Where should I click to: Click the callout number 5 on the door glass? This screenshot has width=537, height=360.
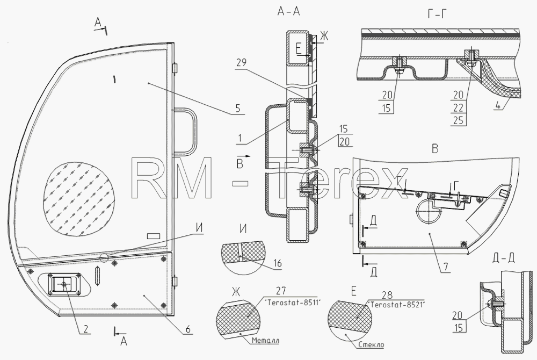point(238,108)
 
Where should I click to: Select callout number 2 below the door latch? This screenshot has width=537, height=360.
point(85,329)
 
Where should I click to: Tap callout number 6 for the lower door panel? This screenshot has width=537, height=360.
point(187,329)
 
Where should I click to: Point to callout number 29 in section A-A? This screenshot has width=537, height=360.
point(241,63)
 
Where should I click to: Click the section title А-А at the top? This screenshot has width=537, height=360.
point(288,12)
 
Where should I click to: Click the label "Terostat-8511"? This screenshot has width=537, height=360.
point(292,303)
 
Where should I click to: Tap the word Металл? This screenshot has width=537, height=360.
point(265,341)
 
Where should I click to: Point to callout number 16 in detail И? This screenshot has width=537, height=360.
point(278,263)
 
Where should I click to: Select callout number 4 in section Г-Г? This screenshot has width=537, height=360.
point(498,105)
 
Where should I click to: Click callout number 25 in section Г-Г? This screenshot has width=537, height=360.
point(458,120)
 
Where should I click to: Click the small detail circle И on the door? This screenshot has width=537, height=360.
point(104,257)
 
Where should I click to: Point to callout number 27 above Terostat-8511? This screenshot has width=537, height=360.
point(280,291)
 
